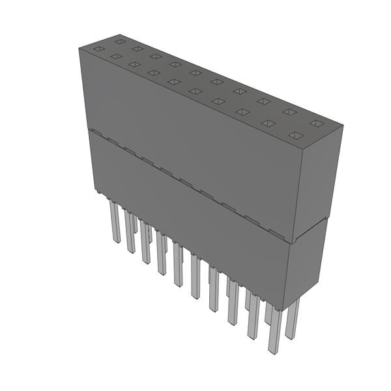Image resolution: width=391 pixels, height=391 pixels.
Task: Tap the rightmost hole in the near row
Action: [x=295, y=136]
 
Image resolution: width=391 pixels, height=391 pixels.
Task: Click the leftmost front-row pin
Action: [x=115, y=222]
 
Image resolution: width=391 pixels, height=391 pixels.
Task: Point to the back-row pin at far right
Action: [x=293, y=319]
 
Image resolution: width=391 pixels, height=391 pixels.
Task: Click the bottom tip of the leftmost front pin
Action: [x=117, y=242]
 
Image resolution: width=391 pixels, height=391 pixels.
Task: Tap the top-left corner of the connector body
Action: [x=80, y=48]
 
